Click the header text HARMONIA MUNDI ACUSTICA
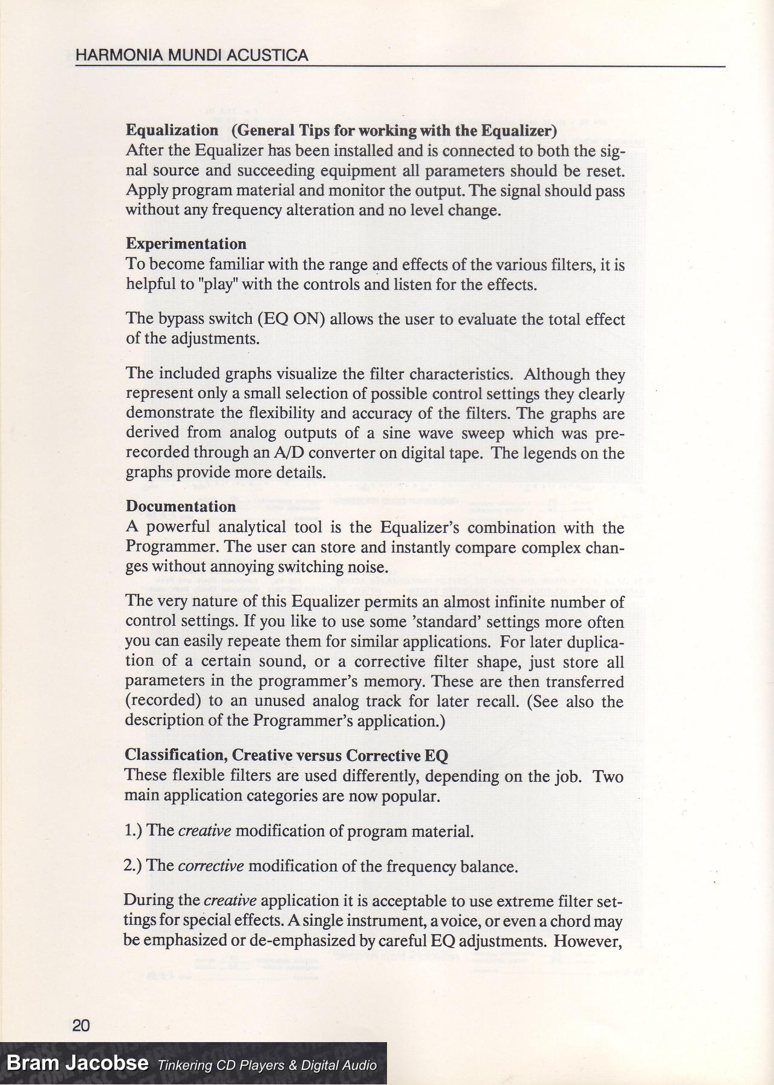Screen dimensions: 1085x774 [192, 56]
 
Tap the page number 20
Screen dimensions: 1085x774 [81, 1025]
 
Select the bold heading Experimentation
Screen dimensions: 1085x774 [186, 244]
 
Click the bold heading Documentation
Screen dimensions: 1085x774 [181, 507]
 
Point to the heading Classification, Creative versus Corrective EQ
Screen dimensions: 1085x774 [286, 755]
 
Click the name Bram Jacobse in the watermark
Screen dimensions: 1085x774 [77, 1063]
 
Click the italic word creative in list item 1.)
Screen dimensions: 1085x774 [204, 831]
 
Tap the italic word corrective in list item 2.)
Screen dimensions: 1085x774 [211, 866]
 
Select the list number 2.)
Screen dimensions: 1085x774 [133, 866]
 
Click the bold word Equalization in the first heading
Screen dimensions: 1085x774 [172, 130]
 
